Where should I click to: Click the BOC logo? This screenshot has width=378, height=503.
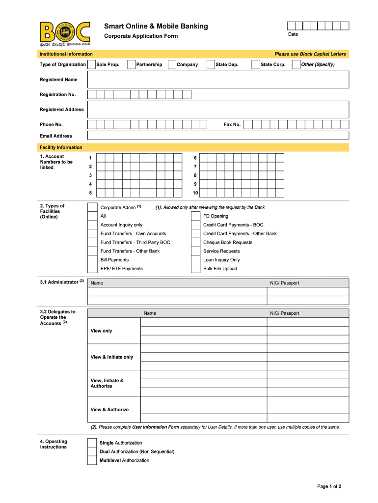point(65,33)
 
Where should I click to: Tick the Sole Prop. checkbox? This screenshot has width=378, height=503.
point(91,64)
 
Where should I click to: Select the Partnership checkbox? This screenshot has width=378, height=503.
point(131,64)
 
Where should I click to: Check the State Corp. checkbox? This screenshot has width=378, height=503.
point(255,64)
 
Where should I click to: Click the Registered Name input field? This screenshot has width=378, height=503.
point(218,79)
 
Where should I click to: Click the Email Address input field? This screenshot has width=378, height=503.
point(218,136)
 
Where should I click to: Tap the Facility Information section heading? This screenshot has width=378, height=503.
point(61,147)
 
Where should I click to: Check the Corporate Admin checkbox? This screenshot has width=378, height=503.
point(92,207)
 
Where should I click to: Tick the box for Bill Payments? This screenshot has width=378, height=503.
point(92,260)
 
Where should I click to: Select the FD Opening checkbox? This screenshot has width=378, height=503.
point(195,216)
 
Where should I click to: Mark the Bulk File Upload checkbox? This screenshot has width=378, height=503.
point(195,269)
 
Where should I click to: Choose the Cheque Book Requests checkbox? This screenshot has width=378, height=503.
point(195,242)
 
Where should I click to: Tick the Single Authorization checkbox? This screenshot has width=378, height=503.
point(92,443)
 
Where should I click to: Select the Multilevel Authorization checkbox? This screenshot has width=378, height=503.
point(92,460)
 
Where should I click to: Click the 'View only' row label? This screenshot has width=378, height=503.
point(101,331)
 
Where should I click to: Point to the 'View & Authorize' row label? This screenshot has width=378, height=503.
point(109,409)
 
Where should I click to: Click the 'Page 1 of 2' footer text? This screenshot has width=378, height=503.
point(329,486)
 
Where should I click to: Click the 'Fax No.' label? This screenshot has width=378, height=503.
point(232,124)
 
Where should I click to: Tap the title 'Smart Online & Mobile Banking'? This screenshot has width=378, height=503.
point(156,26)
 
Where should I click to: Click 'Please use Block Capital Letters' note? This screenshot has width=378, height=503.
point(310,54)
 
